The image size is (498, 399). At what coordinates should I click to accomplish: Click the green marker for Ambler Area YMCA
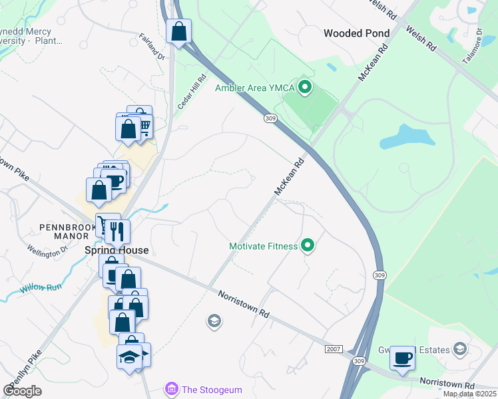[305, 87]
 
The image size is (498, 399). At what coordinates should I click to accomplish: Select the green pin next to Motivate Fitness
[308, 246]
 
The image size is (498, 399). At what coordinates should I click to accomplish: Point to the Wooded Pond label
[357, 33]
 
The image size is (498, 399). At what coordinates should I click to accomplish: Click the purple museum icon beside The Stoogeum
[172, 388]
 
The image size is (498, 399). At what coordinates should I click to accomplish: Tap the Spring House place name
[117, 251]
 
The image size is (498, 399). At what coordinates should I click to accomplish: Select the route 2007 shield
[334, 349]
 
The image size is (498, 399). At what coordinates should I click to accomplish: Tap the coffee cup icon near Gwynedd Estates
[402, 358]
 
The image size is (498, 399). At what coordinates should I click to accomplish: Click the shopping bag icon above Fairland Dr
[179, 31]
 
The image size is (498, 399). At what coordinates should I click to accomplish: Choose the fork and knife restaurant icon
[118, 231]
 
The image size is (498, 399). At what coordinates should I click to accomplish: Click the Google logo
[22, 390]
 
